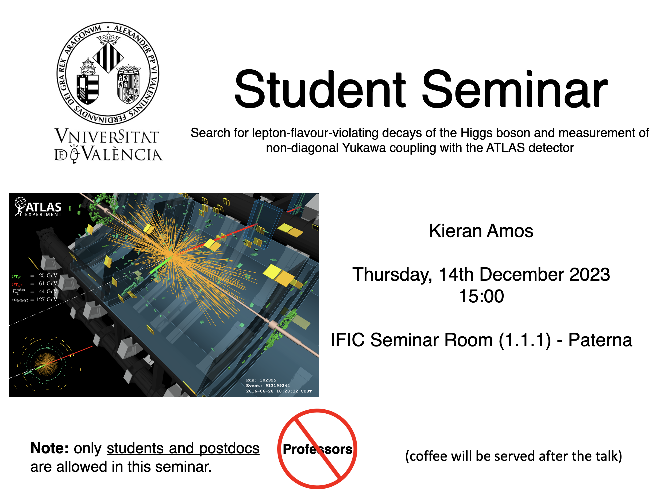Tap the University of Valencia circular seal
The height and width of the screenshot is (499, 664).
coord(108,73)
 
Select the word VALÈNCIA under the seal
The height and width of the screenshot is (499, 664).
coord(122,154)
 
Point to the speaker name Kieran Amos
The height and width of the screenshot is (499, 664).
coord(481,231)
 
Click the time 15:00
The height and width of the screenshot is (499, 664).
coord(481,296)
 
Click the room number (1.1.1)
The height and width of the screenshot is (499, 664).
coord(525,340)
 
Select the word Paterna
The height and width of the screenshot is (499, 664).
coord(600,340)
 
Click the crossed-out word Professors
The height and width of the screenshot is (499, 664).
coord(317,449)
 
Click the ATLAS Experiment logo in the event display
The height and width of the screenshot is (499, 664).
coord(38,207)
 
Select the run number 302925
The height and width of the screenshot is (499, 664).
coord(268,380)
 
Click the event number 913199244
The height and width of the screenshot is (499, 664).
coord(277,386)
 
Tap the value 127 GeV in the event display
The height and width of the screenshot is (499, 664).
coord(47,299)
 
